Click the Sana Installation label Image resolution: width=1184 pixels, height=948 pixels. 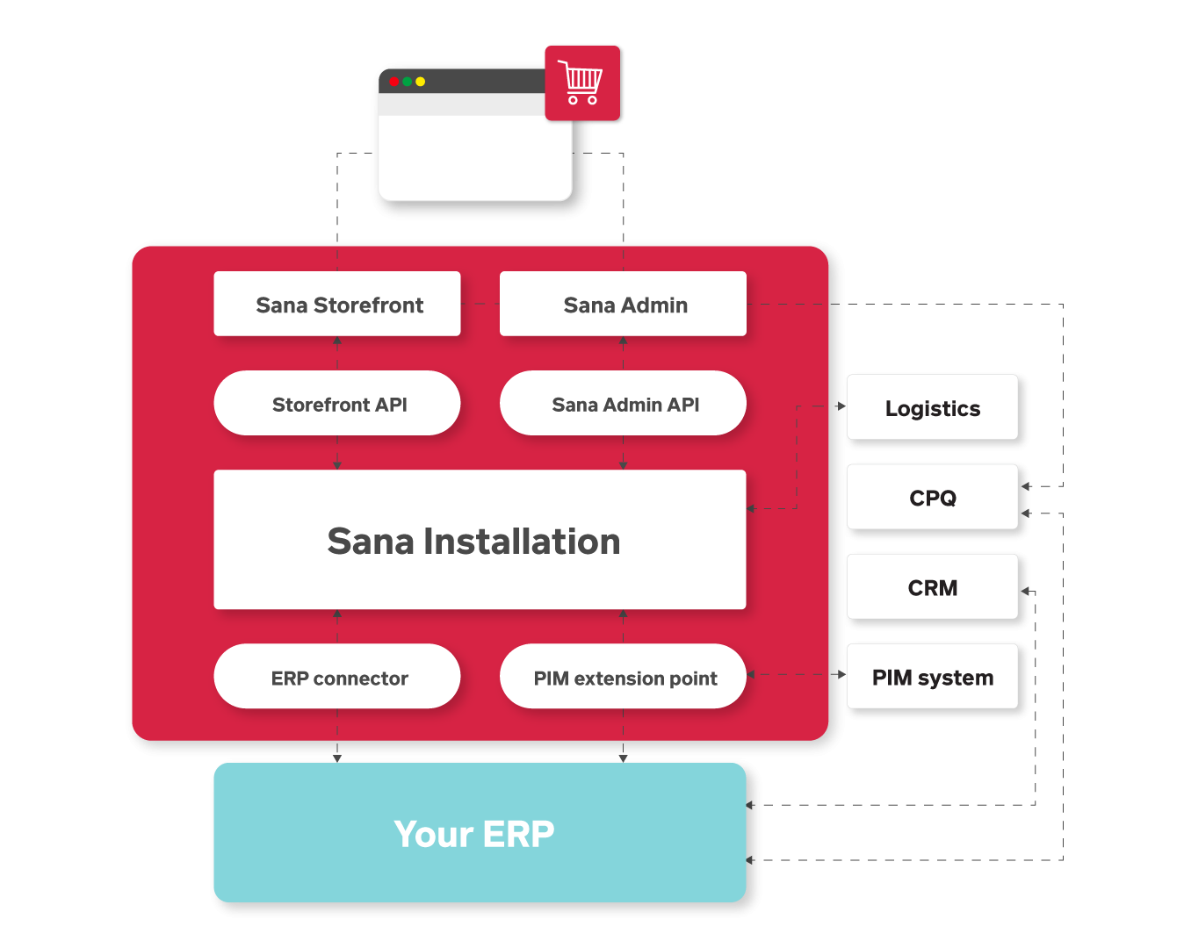(473, 542)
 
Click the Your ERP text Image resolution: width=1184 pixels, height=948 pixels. (473, 834)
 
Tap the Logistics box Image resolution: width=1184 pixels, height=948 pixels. (932, 408)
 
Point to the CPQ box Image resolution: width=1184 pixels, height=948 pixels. (932, 498)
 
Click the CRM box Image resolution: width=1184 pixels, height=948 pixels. (932, 587)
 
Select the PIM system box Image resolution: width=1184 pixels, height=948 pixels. (932, 677)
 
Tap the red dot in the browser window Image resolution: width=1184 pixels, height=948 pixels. (393, 82)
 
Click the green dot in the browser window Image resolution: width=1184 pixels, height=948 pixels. (407, 82)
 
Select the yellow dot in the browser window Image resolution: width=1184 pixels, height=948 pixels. (421, 82)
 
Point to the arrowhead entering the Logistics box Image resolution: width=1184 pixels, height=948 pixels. (841, 406)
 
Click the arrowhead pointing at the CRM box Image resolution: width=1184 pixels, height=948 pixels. (1025, 591)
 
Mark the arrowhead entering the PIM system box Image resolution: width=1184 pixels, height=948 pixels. (841, 674)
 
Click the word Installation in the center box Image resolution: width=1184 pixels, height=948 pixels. (522, 542)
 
